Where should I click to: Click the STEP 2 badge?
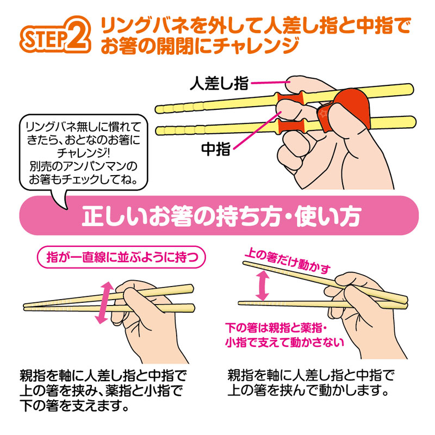[55, 35]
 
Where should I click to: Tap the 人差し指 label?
[219, 83]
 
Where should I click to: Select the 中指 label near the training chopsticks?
[216, 149]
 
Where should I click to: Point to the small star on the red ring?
[323, 114]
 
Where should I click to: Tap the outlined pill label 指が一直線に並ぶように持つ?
[121, 257]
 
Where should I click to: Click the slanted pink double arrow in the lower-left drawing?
[104, 303]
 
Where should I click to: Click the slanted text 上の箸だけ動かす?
[288, 260]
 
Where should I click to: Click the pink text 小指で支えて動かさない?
[284, 343]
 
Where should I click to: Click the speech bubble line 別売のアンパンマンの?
[84, 166]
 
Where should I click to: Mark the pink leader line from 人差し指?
[269, 83]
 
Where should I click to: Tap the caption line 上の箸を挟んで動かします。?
[308, 390]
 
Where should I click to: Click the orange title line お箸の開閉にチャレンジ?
[200, 46]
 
